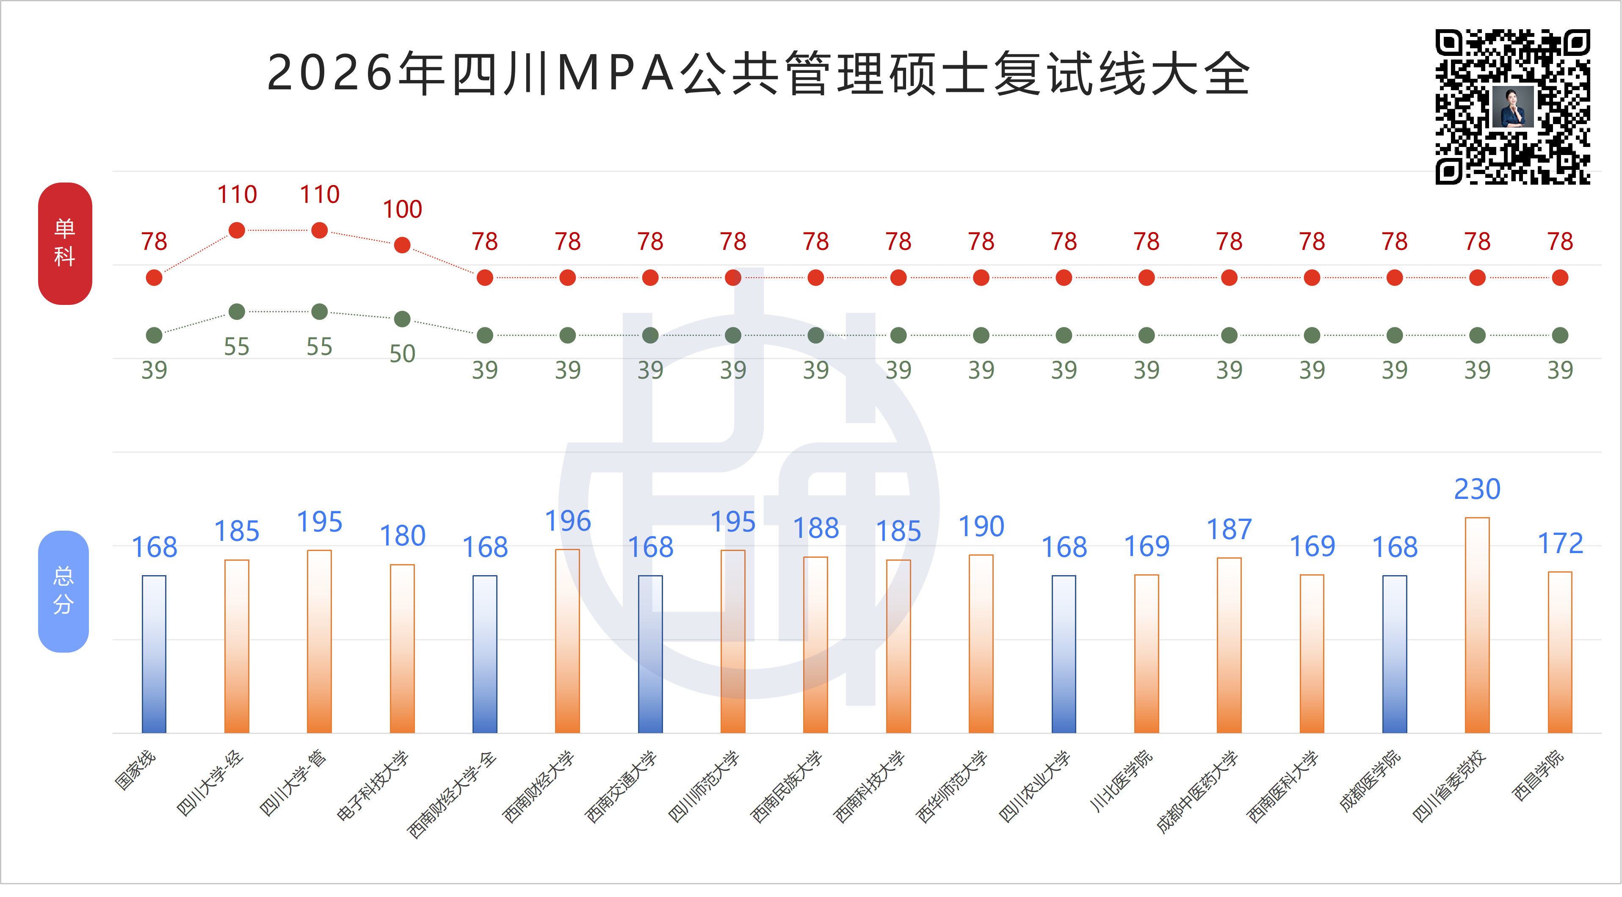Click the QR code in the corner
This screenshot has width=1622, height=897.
(1512, 106)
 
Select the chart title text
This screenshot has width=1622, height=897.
(758, 73)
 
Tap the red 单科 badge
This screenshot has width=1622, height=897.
(65, 243)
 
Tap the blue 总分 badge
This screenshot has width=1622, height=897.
(64, 591)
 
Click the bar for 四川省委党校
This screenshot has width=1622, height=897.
(1477, 625)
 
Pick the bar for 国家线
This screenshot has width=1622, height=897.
(154, 654)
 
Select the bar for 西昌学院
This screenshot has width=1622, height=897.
(1560, 652)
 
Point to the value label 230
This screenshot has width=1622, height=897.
(1477, 490)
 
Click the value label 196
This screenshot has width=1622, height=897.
(567, 521)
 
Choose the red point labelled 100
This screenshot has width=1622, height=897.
(402, 245)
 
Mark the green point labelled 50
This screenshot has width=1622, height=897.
(402, 319)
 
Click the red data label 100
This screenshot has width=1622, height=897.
(402, 209)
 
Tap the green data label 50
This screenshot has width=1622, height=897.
(402, 354)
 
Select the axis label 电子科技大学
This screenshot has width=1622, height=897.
(372, 786)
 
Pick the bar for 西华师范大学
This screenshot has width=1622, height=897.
(981, 644)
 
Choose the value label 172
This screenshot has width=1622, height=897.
(1560, 543)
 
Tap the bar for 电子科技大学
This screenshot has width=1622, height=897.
(402, 649)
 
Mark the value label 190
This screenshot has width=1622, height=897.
(981, 526)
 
